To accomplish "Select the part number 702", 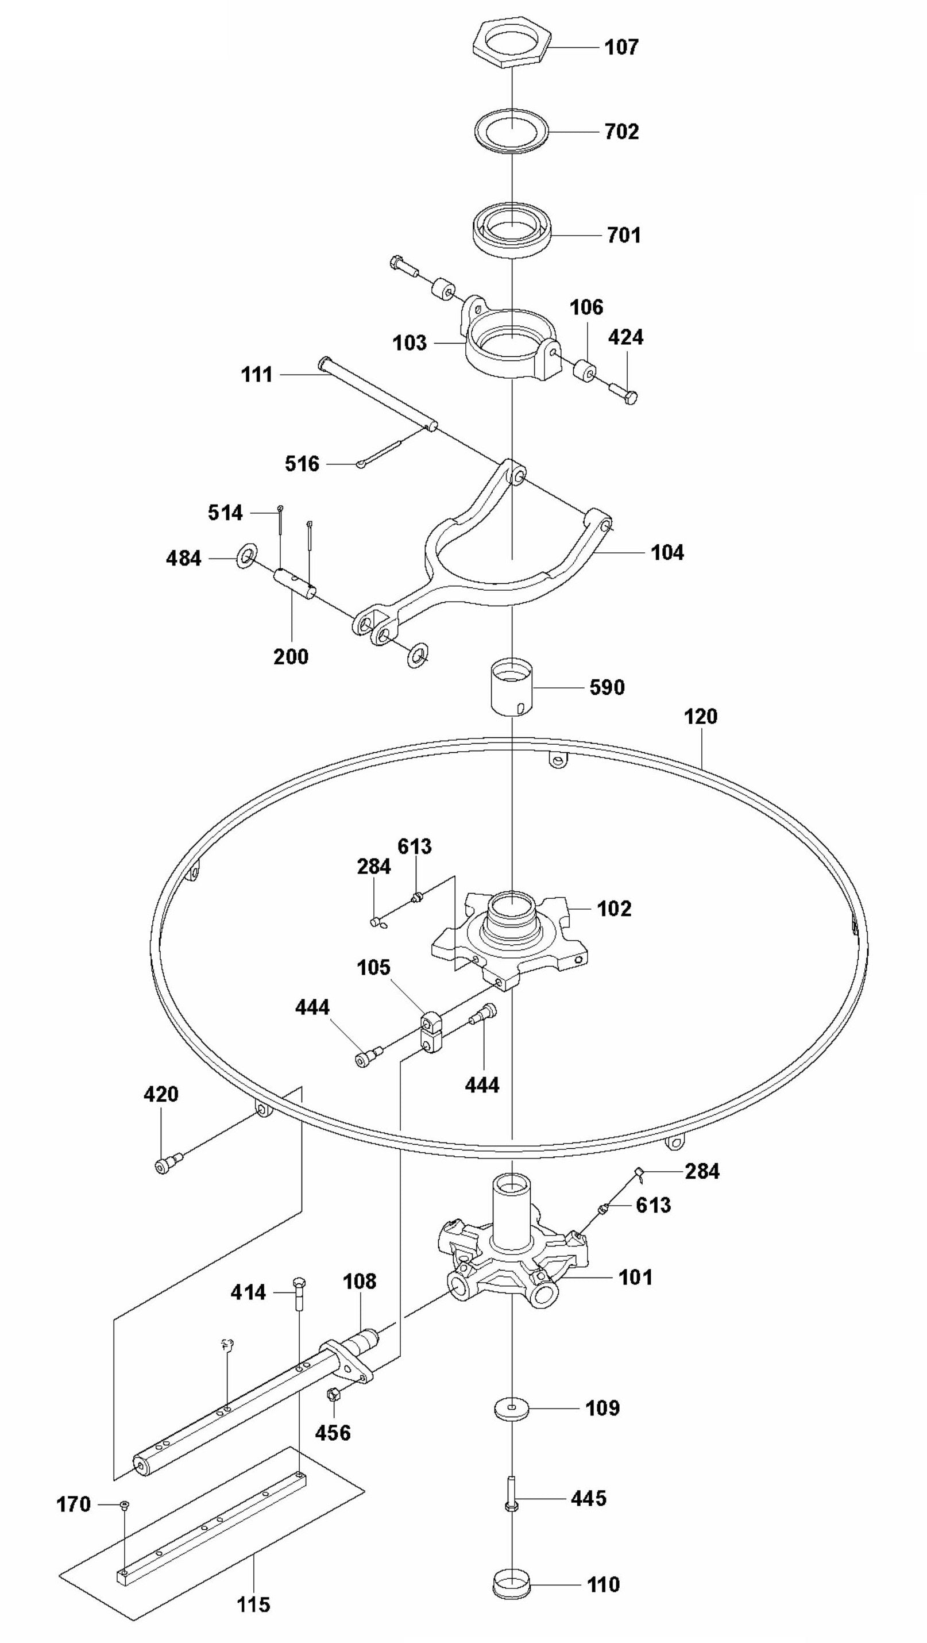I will point(621,132).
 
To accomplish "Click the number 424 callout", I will point(625,337).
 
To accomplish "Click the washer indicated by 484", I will point(247,556).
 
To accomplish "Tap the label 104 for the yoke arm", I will point(667,552).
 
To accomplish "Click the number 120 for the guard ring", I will point(701,717).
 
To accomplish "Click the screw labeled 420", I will point(167,1165).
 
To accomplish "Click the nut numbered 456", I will point(331,1395).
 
